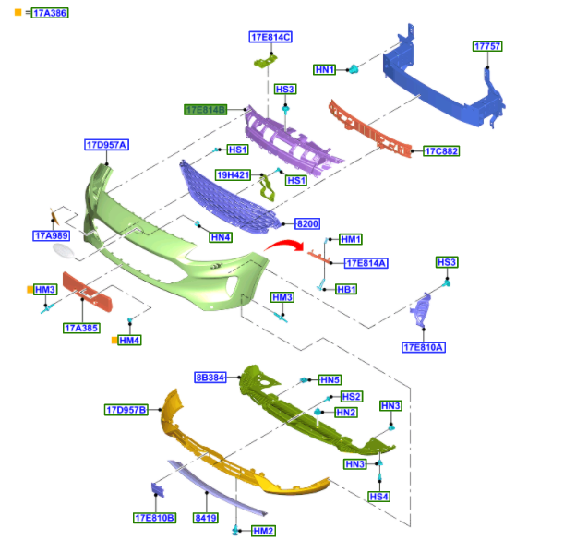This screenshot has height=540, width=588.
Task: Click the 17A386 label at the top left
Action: pos(50,13)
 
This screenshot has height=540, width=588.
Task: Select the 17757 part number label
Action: pos(486,46)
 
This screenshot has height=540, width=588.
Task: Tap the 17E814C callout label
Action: pos(270,37)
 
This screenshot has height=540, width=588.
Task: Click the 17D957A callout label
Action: pos(106,145)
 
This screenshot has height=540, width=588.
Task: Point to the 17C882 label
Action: pos(440,150)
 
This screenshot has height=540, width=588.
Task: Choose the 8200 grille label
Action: pos(306,224)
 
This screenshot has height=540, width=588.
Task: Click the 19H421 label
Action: pos(234,174)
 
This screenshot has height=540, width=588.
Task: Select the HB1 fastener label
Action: pos(346,289)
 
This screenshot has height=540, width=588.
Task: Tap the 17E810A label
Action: pos(424,347)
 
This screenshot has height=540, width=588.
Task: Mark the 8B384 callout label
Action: pos(210,378)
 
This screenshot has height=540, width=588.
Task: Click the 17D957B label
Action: pos(126,409)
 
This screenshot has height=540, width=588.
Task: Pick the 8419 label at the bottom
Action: pos(205,518)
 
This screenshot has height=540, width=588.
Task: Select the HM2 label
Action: pos(263,531)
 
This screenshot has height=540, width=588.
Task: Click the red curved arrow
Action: pos(282,246)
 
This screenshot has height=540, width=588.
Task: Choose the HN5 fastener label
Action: pos(330,379)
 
